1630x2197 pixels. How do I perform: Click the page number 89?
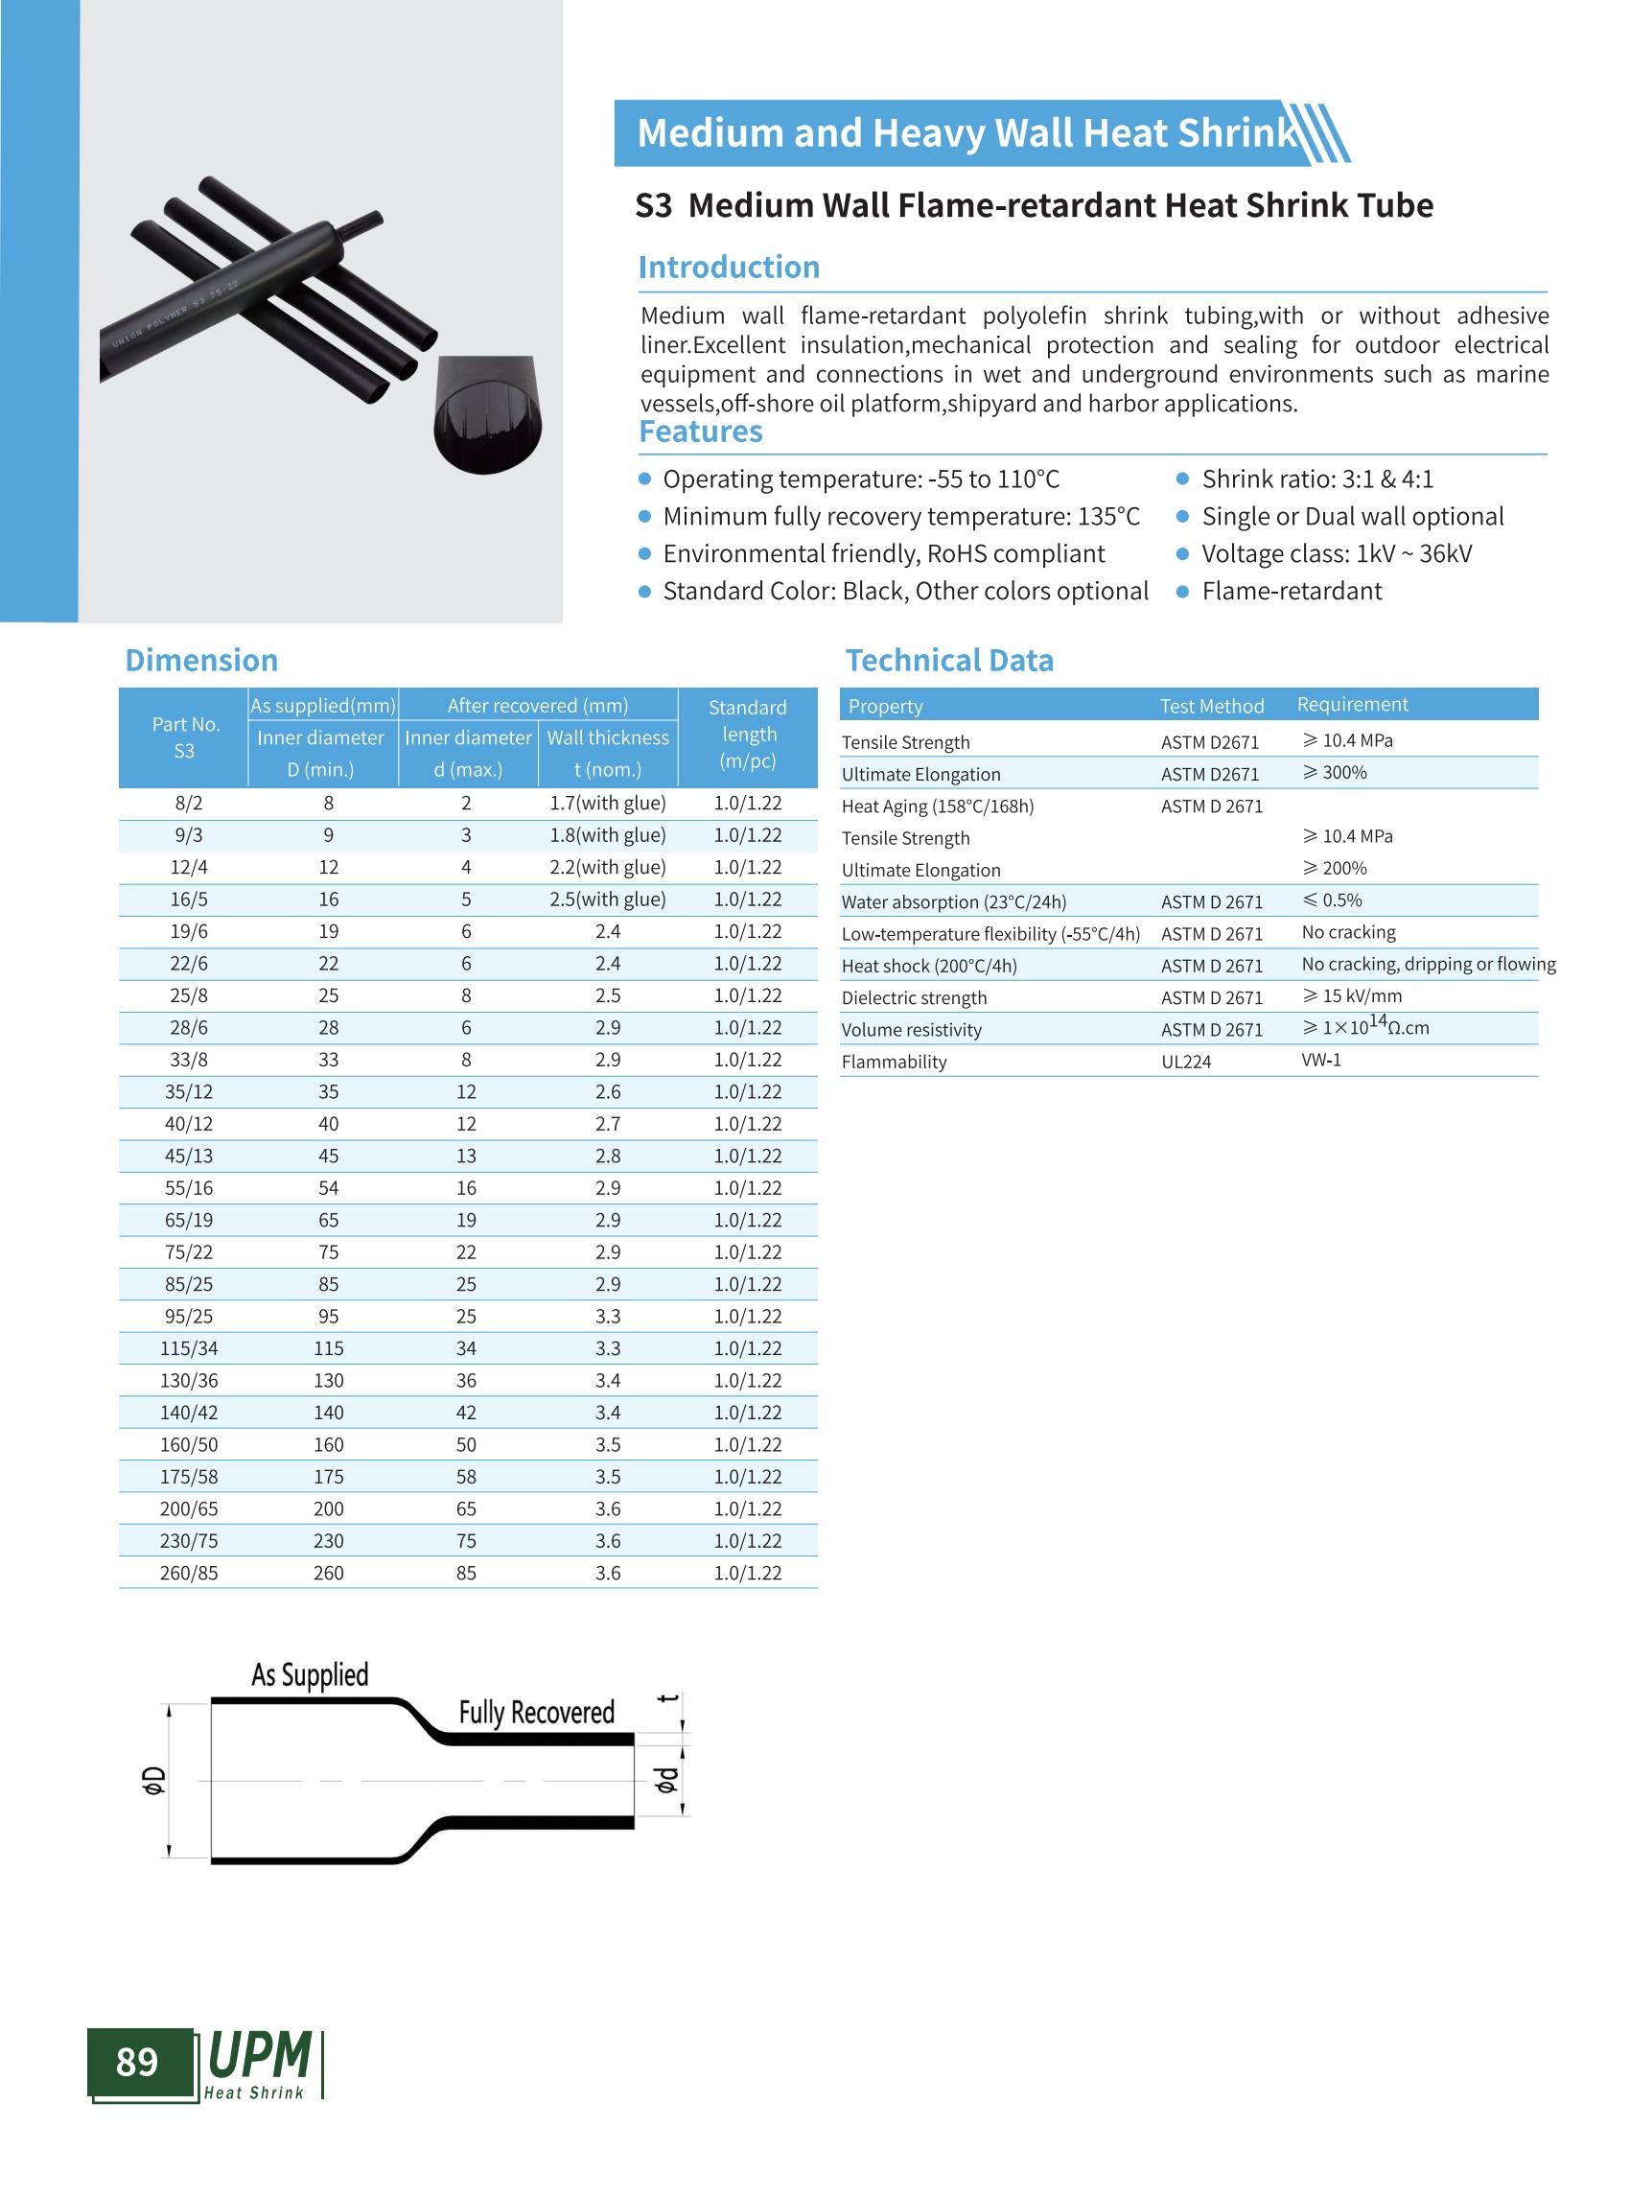coord(137,2062)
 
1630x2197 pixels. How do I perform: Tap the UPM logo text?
coord(260,2057)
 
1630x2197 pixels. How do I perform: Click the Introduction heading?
coord(728,268)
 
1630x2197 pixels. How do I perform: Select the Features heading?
coord(701,432)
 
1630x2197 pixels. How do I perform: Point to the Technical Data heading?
coord(949,661)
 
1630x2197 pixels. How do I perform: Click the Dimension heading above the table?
coord(201,661)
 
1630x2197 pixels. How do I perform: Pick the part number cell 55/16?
coord(189,1188)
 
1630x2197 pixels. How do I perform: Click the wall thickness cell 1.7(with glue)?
coord(608,804)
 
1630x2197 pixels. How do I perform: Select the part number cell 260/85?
coord(189,1574)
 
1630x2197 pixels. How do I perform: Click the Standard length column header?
coord(748,735)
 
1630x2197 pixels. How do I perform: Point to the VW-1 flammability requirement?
coord(1321,1060)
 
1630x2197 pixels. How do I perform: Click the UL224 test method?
coord(1186,1062)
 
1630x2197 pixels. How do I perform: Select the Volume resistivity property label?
coord(912,1030)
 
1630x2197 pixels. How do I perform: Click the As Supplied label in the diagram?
coord(310,1676)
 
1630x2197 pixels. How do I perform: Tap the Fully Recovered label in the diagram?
coord(537,1713)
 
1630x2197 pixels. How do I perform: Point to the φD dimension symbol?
coord(154,1780)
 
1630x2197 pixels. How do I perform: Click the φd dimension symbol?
coord(667,1780)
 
